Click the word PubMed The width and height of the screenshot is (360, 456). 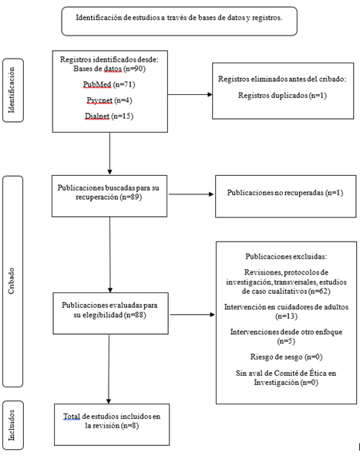pyautogui.click(x=97, y=85)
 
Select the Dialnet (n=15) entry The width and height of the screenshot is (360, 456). pyautogui.click(x=109, y=117)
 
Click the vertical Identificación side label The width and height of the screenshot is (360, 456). pyautogui.click(x=12, y=90)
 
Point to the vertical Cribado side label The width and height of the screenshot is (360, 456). pyautogui.click(x=12, y=281)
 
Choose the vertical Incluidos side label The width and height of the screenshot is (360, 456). pyautogui.click(x=12, y=425)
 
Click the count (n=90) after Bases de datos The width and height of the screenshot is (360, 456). pyautogui.click(x=135, y=69)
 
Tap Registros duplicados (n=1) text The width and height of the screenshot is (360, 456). pyautogui.click(x=282, y=96)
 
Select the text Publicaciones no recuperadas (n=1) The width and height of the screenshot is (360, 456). pyautogui.click(x=285, y=193)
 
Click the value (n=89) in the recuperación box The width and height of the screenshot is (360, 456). pyautogui.click(x=131, y=198)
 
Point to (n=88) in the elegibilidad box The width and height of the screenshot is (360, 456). pyautogui.click(x=135, y=315)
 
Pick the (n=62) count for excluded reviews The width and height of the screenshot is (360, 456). pyautogui.click(x=319, y=291)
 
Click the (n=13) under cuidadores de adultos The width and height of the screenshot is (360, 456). pyautogui.click(x=287, y=316)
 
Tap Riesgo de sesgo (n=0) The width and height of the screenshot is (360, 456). pyautogui.click(x=286, y=356)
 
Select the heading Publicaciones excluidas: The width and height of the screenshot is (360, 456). pyautogui.click(x=286, y=256)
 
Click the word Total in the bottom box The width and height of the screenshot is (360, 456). pyautogui.click(x=72, y=417)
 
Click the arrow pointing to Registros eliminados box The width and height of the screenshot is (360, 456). pyautogui.click(x=190, y=94)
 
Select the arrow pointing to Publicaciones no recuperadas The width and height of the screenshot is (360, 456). pyautogui.click(x=191, y=194)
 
